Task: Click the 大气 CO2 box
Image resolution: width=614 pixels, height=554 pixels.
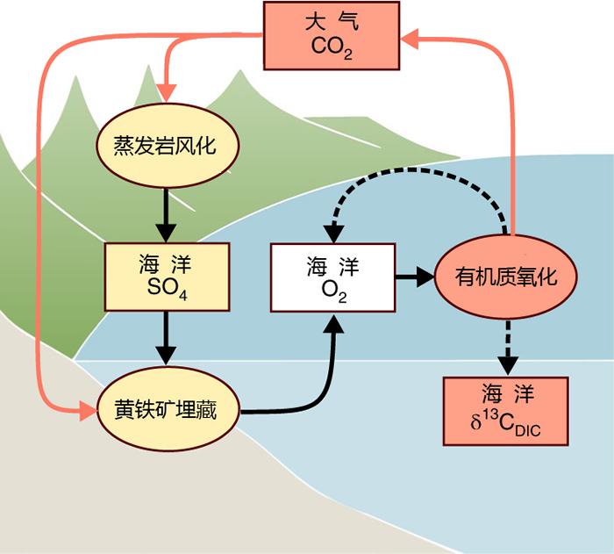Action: (332, 35)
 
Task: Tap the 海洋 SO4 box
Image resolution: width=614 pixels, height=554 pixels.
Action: (166, 277)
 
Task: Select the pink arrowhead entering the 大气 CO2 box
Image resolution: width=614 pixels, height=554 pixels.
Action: (411, 37)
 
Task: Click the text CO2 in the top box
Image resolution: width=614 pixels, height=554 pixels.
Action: (332, 47)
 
